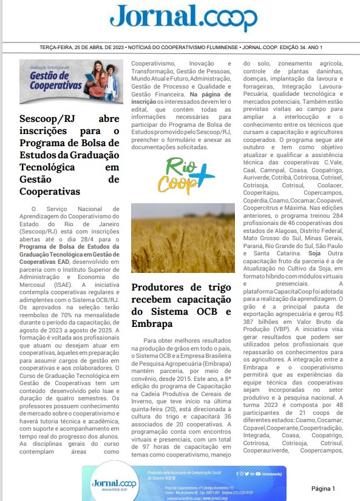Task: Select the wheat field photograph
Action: tap(183, 238)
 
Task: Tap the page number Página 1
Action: tap(323, 488)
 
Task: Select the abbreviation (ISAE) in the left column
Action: tap(59, 283)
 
